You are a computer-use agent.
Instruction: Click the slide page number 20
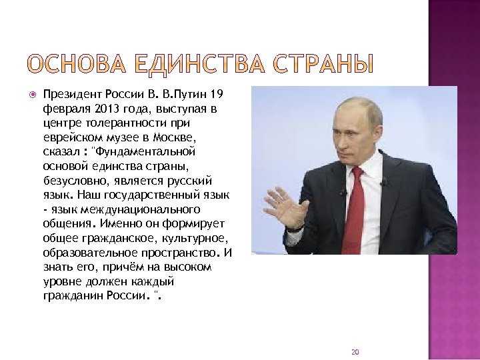[355, 351]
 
